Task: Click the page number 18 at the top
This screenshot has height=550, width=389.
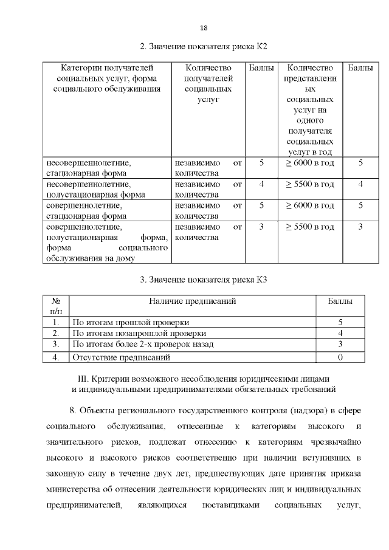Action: [204, 28]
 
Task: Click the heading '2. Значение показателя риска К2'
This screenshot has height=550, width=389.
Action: [204, 46]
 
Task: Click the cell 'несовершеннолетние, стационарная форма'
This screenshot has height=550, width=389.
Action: [88, 168]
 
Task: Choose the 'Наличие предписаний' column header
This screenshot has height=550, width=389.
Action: [192, 301]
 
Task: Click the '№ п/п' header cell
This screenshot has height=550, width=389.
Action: [56, 306]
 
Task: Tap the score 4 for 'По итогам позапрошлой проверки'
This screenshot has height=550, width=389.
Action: [340, 334]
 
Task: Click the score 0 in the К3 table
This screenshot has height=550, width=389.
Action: [340, 357]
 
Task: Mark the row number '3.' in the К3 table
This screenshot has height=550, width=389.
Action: [56, 345]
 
